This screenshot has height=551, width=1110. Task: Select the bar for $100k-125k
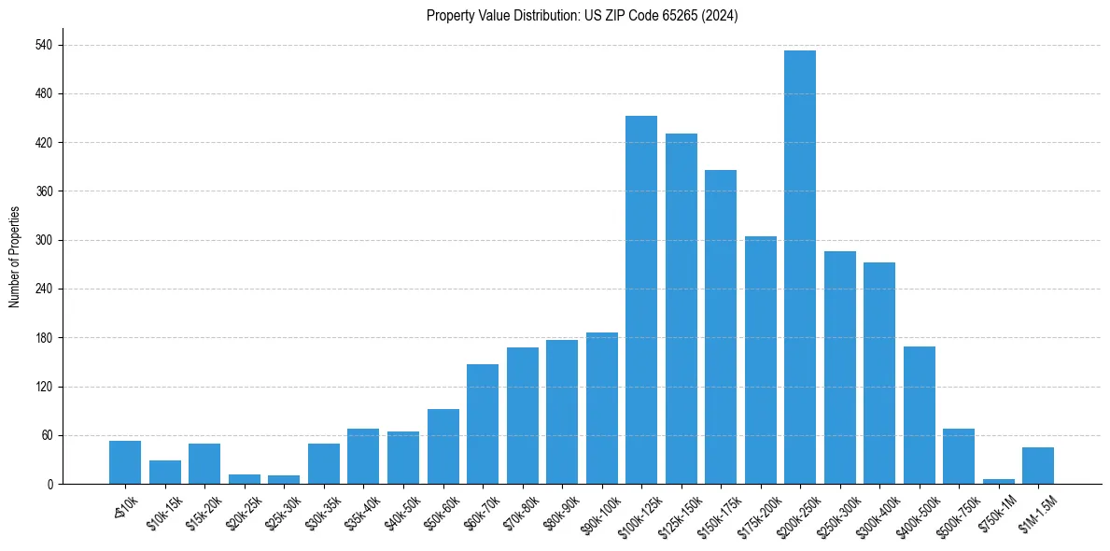click(x=640, y=300)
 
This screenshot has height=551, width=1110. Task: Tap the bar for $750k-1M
click(x=998, y=481)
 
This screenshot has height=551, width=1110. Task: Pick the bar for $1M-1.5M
click(x=1037, y=465)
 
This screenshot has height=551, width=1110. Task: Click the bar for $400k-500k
click(x=919, y=415)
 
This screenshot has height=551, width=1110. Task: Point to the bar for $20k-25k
click(x=244, y=479)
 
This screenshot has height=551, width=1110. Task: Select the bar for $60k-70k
click(x=482, y=424)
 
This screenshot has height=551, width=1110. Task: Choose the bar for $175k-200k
click(x=760, y=360)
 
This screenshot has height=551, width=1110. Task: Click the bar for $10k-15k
click(x=164, y=472)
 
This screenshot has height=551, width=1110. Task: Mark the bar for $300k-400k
click(x=878, y=373)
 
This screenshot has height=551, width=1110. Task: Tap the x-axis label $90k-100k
click(x=595, y=513)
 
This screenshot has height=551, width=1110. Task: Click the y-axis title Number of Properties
click(x=14, y=256)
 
